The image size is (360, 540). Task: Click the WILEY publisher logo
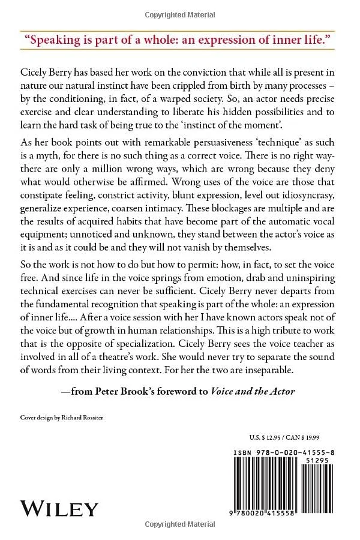(59, 509)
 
